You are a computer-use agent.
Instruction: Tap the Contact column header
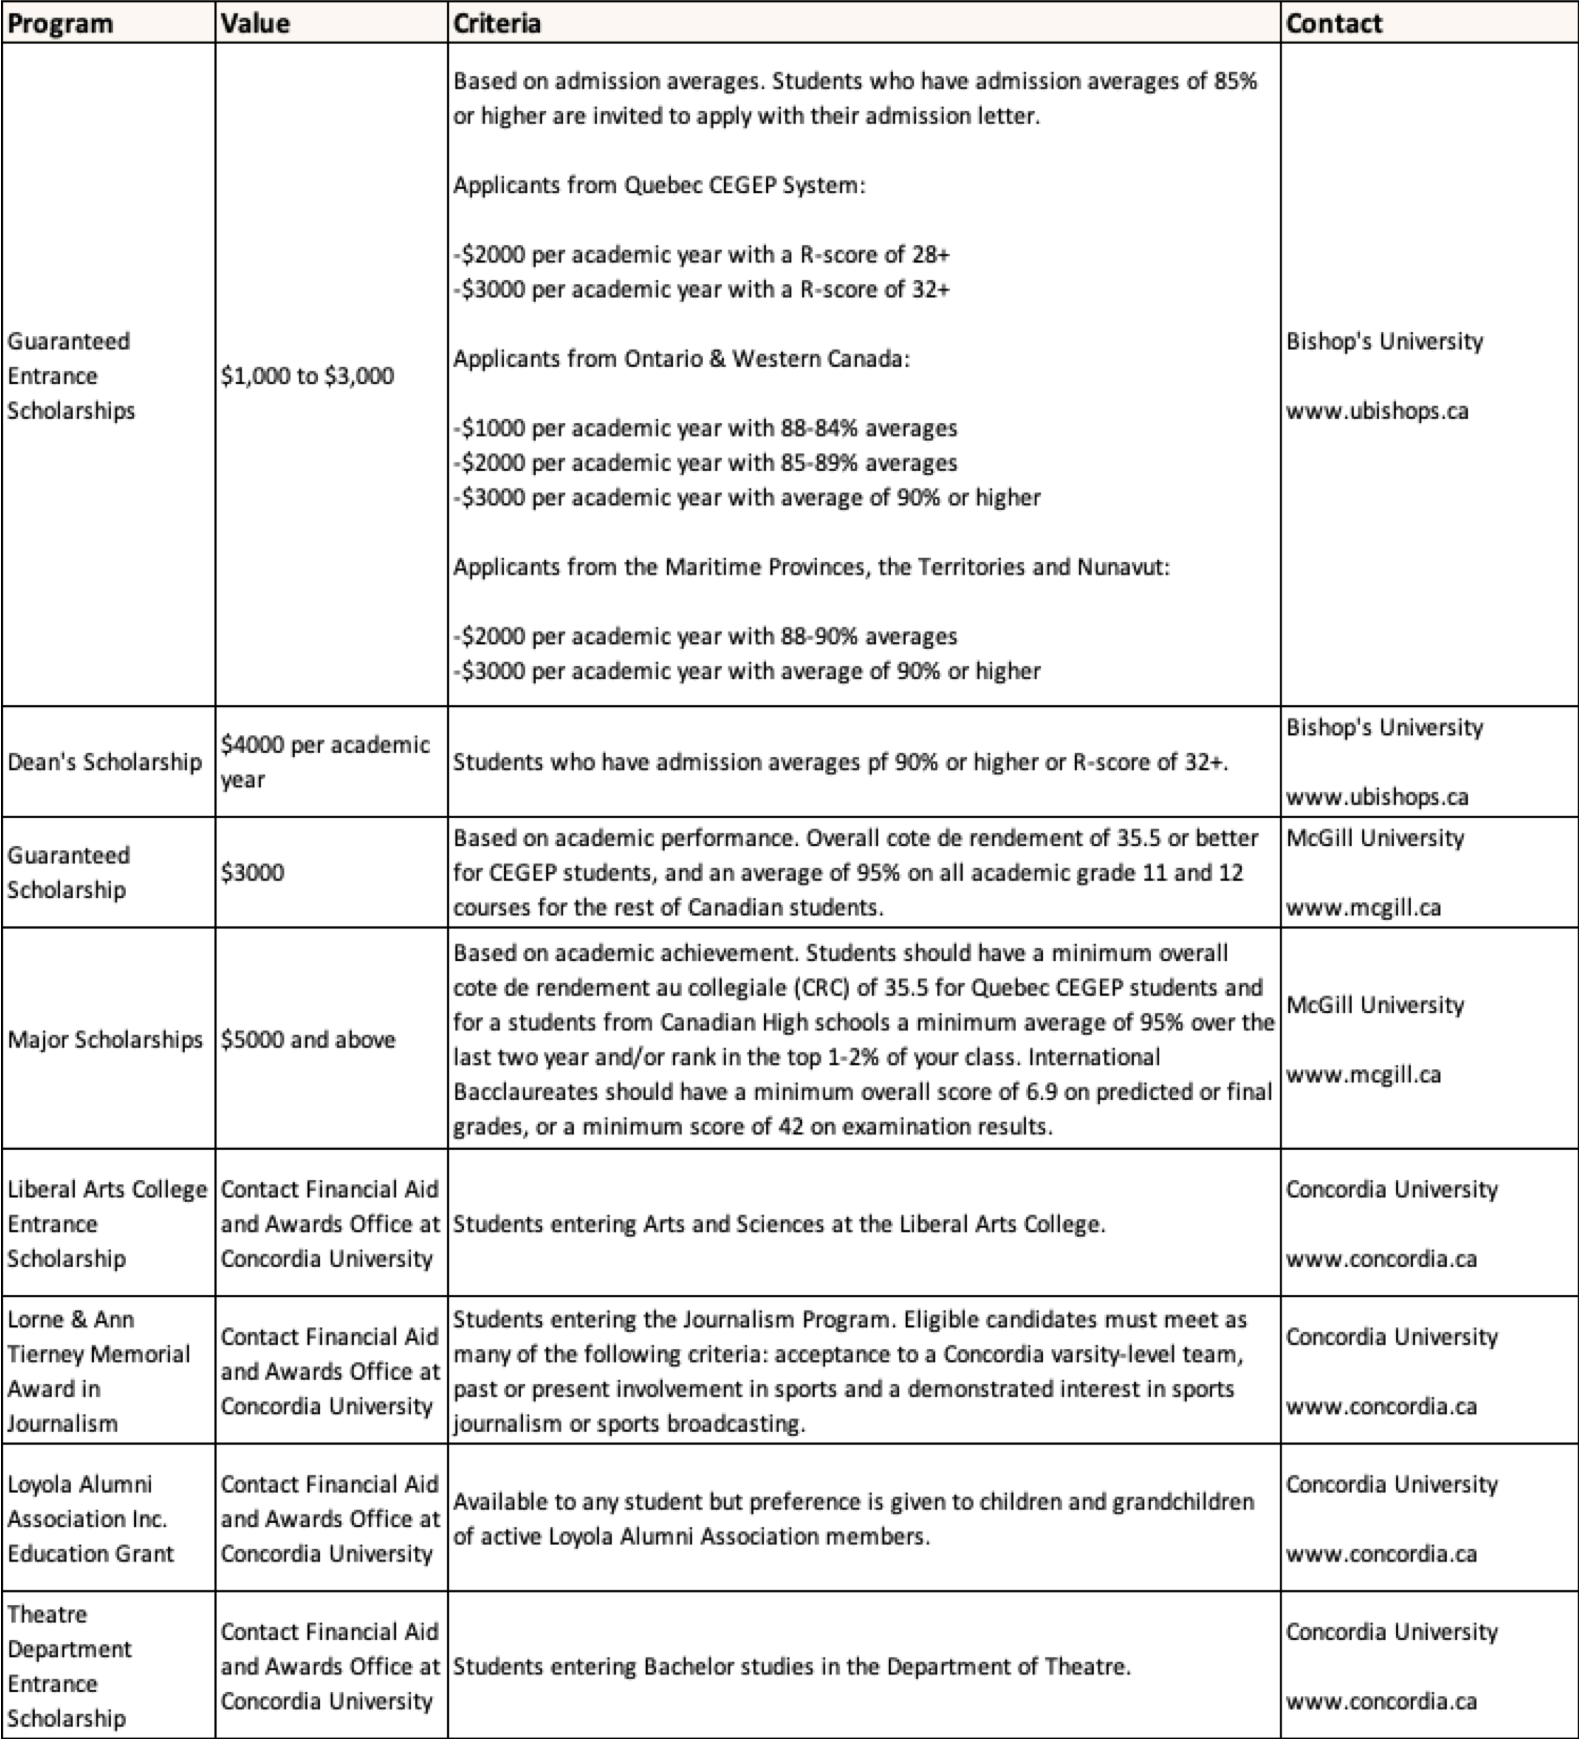tap(1333, 23)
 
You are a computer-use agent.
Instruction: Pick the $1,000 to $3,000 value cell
tap(307, 376)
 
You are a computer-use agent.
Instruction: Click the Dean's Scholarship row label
tap(104, 761)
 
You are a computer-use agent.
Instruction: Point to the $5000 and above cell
tap(308, 1040)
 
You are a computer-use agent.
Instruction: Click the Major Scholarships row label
tap(104, 1040)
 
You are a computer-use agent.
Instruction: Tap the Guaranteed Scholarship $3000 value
tap(252, 872)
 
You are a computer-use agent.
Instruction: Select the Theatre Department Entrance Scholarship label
tap(69, 1666)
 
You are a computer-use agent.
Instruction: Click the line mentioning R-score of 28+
tap(701, 254)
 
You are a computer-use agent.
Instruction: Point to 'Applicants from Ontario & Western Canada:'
tap(681, 359)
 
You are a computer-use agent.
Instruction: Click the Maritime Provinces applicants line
tap(810, 567)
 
